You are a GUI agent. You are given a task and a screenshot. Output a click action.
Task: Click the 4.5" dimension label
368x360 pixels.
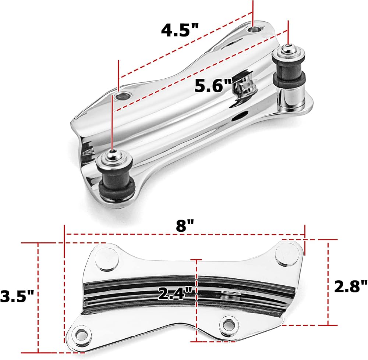coord(180,30)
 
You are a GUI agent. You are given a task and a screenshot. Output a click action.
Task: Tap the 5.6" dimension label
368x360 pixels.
coord(213,86)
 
